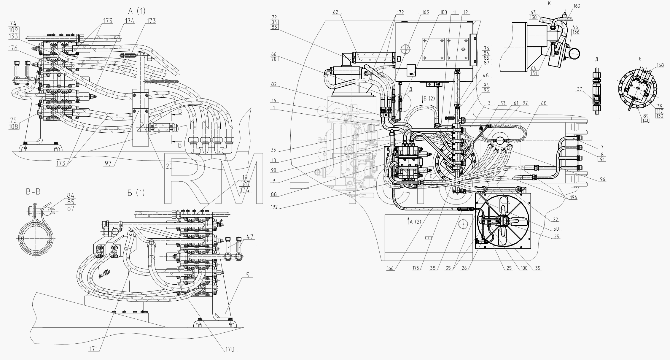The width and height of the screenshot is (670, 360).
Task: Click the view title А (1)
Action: pyautogui.click(x=137, y=11)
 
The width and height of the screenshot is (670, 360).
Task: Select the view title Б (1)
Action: pyautogui.click(x=136, y=193)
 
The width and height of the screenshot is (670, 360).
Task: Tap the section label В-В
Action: pyautogui.click(x=33, y=192)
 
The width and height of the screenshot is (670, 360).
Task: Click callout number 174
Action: pyautogui.click(x=129, y=21)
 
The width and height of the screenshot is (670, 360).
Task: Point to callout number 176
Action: pyautogui.click(x=13, y=48)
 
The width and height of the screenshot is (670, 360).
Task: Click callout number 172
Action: pyautogui.click(x=400, y=12)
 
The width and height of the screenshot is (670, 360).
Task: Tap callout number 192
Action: pyautogui.click(x=274, y=207)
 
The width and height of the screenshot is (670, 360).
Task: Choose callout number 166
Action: pyautogui.click(x=390, y=268)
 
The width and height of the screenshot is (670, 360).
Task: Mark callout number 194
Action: pyautogui.click(x=573, y=197)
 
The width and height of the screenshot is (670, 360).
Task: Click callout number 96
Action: pyautogui.click(x=602, y=179)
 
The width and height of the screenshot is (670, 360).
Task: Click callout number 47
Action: pyautogui.click(x=250, y=237)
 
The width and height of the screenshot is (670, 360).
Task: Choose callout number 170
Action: pyautogui.click(x=230, y=349)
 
